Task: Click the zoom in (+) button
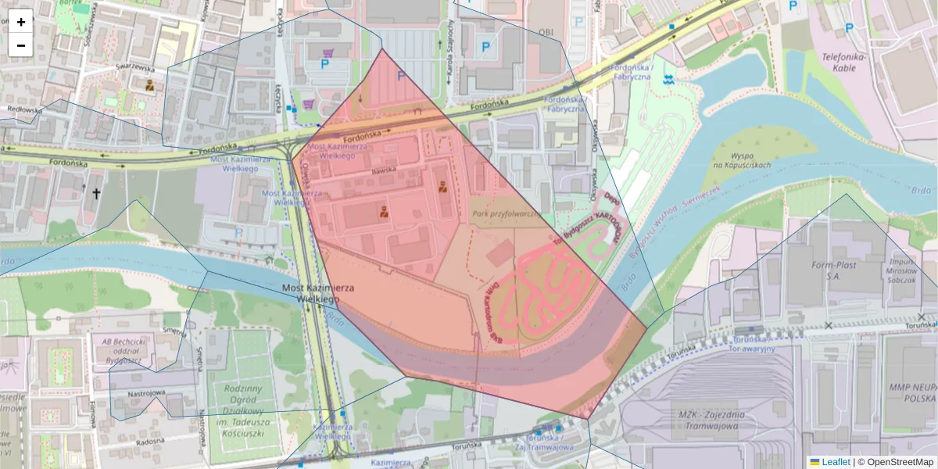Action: click(21, 22)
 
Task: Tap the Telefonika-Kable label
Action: click(840, 62)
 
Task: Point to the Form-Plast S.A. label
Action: click(834, 270)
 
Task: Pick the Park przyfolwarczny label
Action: click(506, 213)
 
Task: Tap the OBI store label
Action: click(546, 32)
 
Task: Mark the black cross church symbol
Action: click(97, 192)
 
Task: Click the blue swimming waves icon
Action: click(668, 80)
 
